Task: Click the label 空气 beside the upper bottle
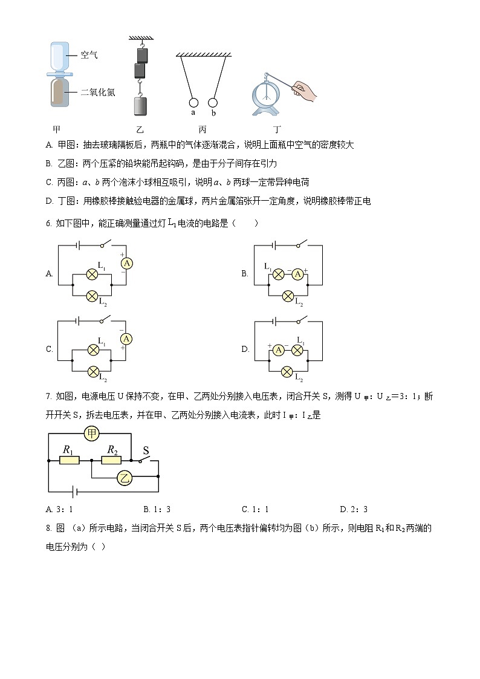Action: [x=89, y=55]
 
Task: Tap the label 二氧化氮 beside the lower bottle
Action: [x=97, y=93]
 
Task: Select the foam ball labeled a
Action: [x=193, y=102]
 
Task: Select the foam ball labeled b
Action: [x=213, y=102]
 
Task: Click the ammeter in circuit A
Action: [x=126, y=263]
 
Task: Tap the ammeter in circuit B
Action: [x=297, y=274]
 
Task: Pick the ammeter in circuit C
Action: [x=126, y=339]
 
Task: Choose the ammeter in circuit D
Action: [x=278, y=349]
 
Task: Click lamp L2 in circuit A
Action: [x=92, y=296]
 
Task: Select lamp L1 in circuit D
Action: [x=297, y=349]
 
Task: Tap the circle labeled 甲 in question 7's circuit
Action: [x=92, y=434]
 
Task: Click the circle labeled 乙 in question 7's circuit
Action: [x=125, y=478]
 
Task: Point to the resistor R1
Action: [x=69, y=460]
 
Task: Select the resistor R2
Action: [x=112, y=460]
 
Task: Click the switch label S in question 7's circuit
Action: [x=146, y=450]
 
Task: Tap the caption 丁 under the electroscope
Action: [x=277, y=129]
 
